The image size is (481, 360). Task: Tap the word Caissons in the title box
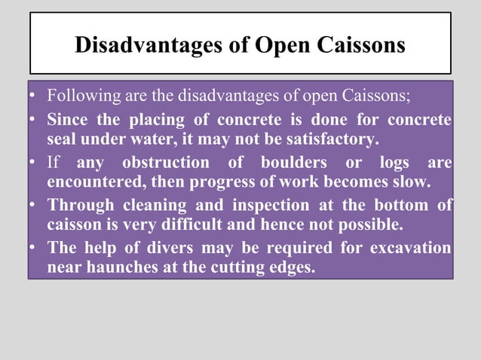tap(359, 46)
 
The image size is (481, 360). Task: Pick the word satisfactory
tap(329, 140)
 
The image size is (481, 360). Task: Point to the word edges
tap(289, 266)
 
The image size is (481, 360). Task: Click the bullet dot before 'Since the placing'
tap(32, 121)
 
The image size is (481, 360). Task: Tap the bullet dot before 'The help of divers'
tap(32, 248)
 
